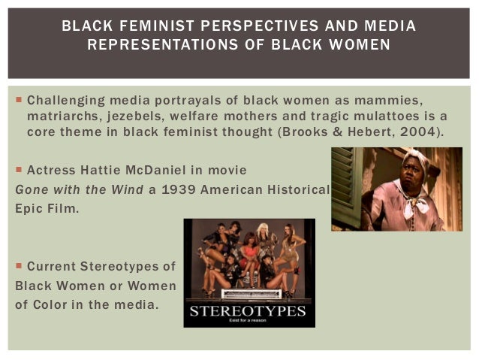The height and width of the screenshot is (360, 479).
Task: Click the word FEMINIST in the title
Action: point(141,27)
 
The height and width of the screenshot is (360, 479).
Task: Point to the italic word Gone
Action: point(31,188)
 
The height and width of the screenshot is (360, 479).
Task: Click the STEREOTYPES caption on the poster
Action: point(249,310)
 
